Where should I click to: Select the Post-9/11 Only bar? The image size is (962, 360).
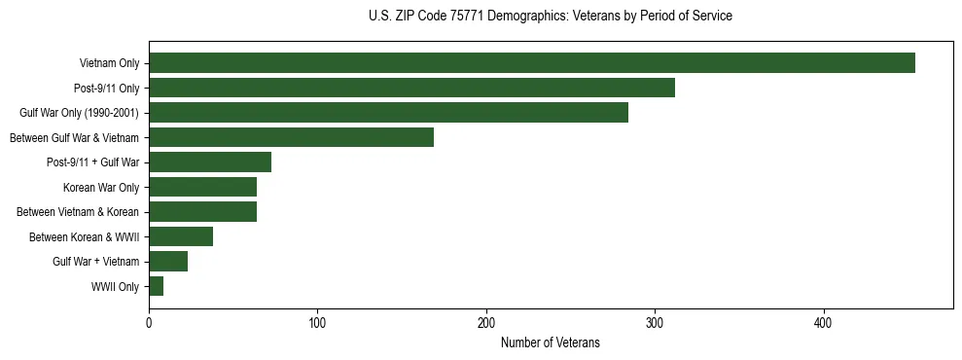(x=411, y=88)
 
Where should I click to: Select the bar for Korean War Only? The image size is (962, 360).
(x=202, y=187)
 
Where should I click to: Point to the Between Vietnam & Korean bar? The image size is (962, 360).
(x=202, y=212)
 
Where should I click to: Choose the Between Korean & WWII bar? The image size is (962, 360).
(x=181, y=236)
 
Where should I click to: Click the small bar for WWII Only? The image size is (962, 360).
(x=156, y=286)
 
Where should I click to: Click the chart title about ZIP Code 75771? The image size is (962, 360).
(x=551, y=17)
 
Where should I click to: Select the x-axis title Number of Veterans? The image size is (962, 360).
(x=551, y=343)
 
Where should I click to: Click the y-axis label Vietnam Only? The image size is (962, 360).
(x=109, y=63)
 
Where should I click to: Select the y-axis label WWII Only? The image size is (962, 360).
(x=115, y=287)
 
